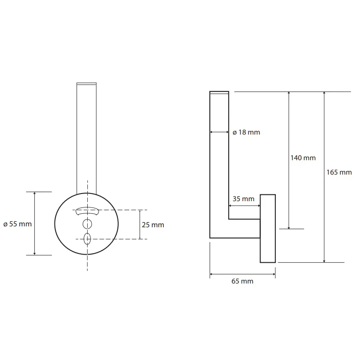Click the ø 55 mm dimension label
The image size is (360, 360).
(18, 224)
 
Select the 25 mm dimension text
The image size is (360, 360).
(153, 225)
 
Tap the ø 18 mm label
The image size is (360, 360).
(246, 132)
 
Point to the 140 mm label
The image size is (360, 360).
(303, 158)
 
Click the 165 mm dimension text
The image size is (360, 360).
(339, 172)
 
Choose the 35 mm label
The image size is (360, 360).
(243, 199)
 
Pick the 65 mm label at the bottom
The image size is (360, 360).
(243, 281)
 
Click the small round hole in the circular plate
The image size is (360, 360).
(87, 224)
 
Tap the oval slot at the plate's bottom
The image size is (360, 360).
(87, 239)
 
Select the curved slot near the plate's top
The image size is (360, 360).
(87, 209)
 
